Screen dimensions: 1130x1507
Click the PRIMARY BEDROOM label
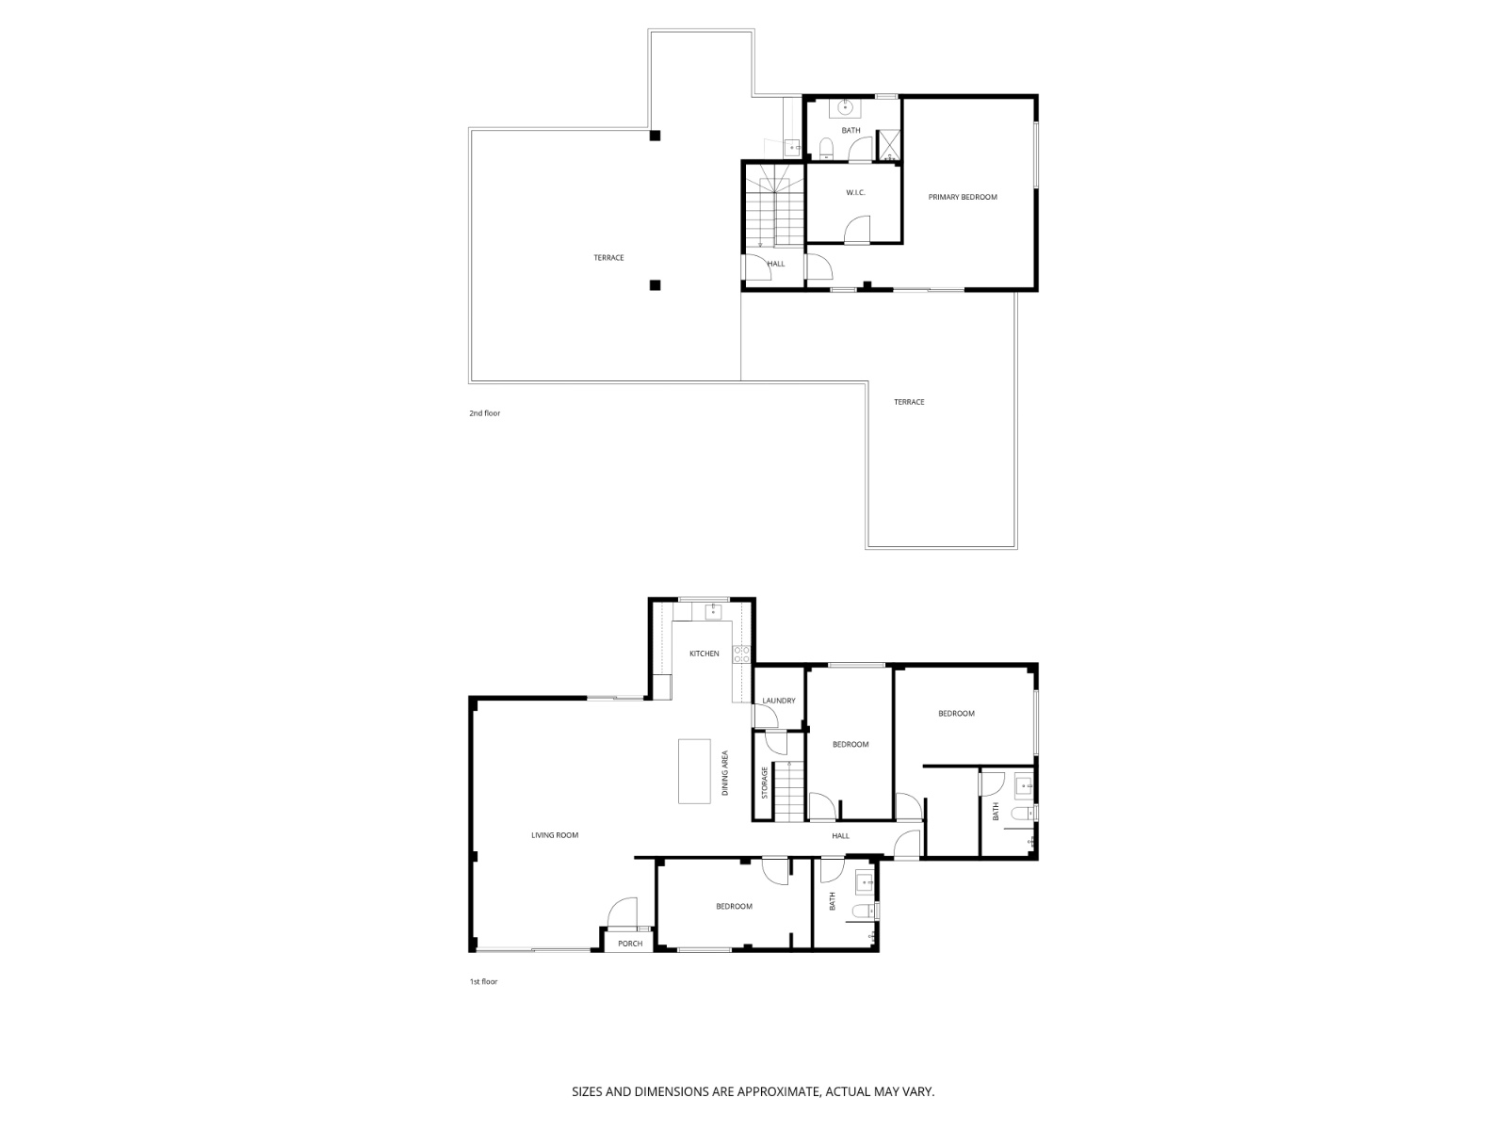[x=962, y=197]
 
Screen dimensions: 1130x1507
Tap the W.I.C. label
[x=854, y=193]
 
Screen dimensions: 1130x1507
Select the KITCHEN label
[x=704, y=654]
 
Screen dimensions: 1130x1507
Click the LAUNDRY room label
[x=779, y=701]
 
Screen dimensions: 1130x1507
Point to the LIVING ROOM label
[x=555, y=835]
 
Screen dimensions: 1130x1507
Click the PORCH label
[x=629, y=944]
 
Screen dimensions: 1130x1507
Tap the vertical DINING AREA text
[x=725, y=773]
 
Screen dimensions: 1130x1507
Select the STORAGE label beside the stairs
[x=765, y=783]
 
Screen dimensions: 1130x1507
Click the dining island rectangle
[x=695, y=771]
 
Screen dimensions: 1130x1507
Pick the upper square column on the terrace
[x=655, y=136]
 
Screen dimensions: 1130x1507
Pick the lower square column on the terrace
[x=655, y=284]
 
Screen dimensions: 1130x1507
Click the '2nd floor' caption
[x=485, y=413]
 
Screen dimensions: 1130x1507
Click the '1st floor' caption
[x=483, y=982]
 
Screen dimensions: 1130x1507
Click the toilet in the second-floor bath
[x=826, y=149]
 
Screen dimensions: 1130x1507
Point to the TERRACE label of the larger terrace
[x=608, y=258]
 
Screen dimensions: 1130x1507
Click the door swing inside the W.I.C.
[x=857, y=230]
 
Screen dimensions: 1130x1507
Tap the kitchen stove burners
[x=741, y=654]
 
